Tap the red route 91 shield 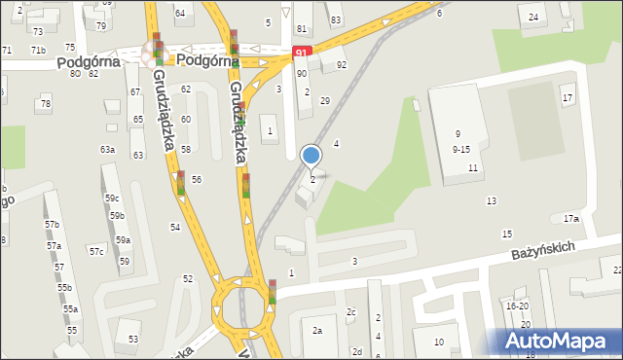[303, 52]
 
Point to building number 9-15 [461, 149]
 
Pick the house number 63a [107, 150]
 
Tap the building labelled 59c [112, 198]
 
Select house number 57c [96, 251]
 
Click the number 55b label [64, 288]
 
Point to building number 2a [317, 331]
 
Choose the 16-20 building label [517, 306]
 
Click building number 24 [532, 18]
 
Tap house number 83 [336, 20]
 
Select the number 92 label [342, 65]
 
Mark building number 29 [325, 101]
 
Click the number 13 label [492, 200]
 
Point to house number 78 [45, 103]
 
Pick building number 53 [133, 340]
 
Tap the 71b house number [38, 50]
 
